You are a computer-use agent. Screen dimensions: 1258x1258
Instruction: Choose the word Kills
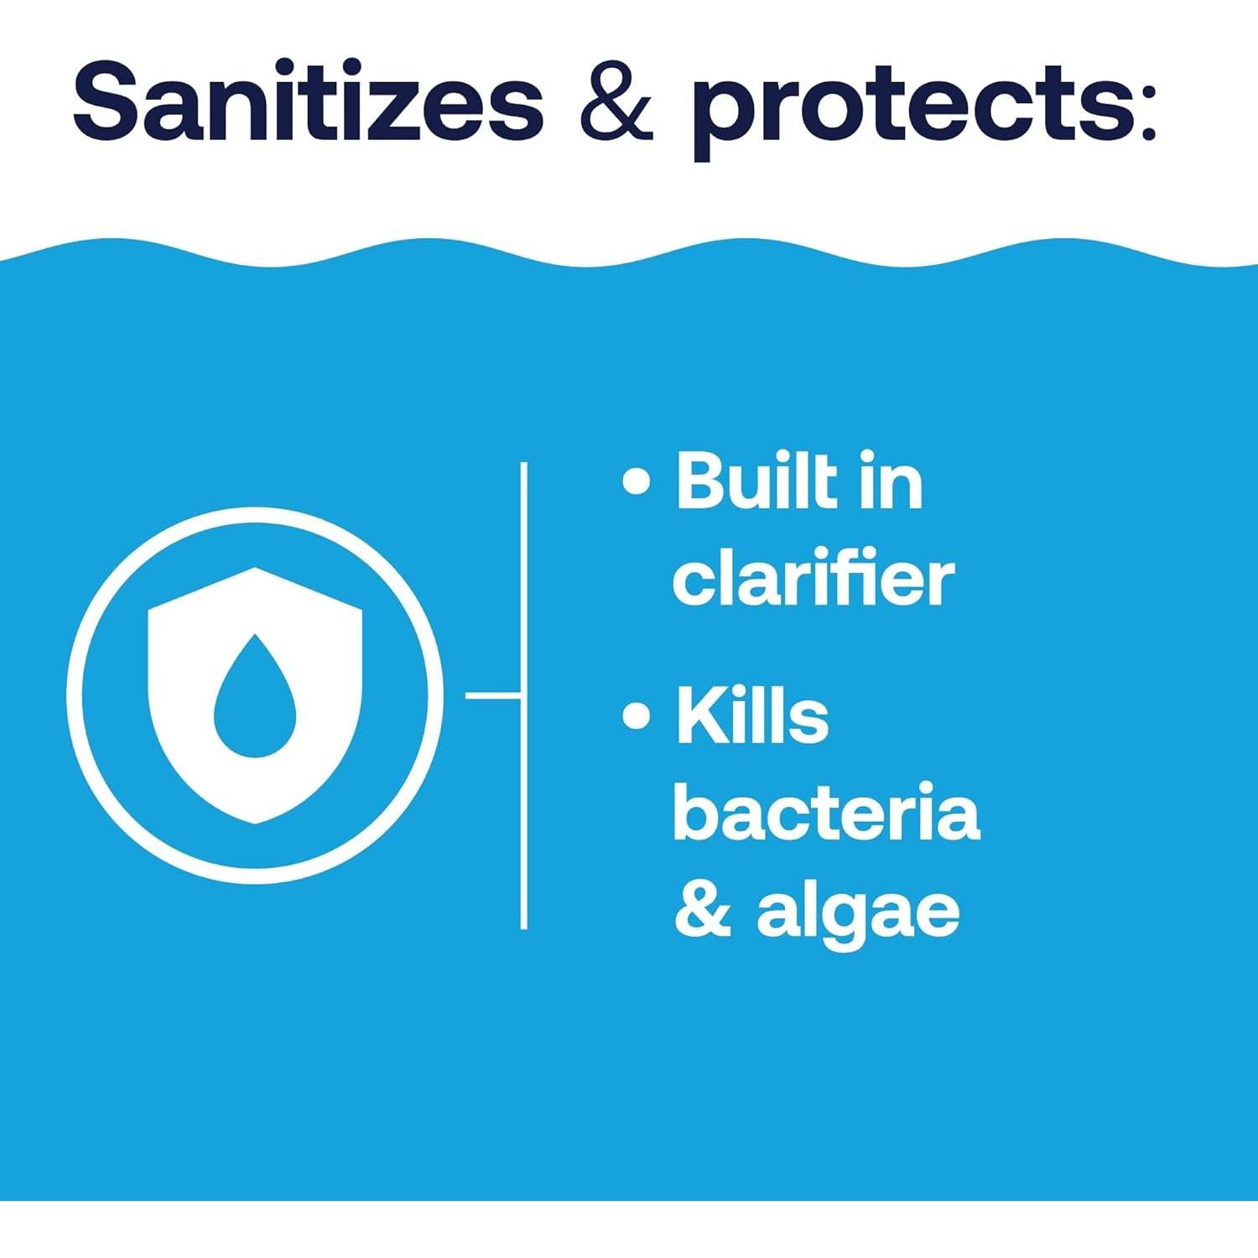[x=752, y=715]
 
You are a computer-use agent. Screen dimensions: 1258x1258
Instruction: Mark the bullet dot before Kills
[x=637, y=715]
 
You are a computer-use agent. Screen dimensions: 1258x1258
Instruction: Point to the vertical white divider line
[x=524, y=695]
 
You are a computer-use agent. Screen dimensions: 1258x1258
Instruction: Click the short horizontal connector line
[x=493, y=695]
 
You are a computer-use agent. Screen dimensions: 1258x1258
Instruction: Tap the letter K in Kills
[x=704, y=715]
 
